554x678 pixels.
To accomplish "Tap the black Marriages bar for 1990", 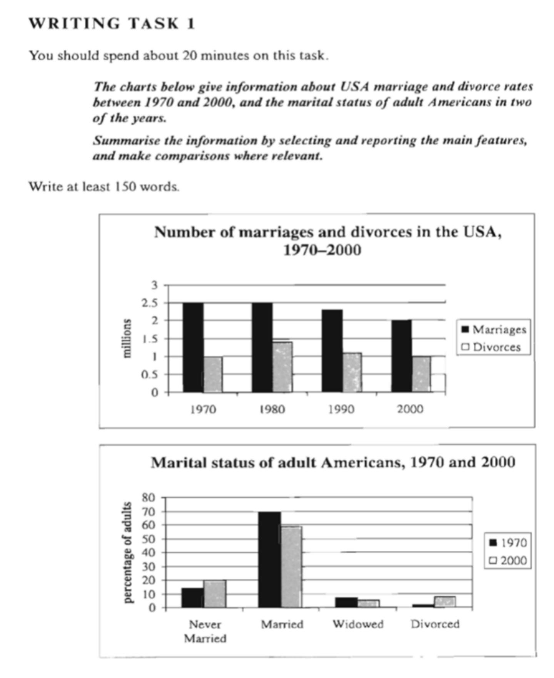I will pos(332,351).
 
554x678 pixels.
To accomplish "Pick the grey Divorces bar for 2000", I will pos(421,374).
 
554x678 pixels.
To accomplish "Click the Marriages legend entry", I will pos(494,330).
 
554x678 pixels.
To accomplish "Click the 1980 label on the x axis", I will pos(272,409).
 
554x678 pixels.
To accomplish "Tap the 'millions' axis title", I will pos(126,339).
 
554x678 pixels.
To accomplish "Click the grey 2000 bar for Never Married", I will pos(215,594).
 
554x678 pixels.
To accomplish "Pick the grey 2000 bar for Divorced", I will pos(445,602).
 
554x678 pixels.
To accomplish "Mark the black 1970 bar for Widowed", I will pos(346,602).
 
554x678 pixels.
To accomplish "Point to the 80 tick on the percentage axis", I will pos(149,497).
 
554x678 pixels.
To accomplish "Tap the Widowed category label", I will pos(358,624).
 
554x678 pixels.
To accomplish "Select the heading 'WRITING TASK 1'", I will pos(112,23).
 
